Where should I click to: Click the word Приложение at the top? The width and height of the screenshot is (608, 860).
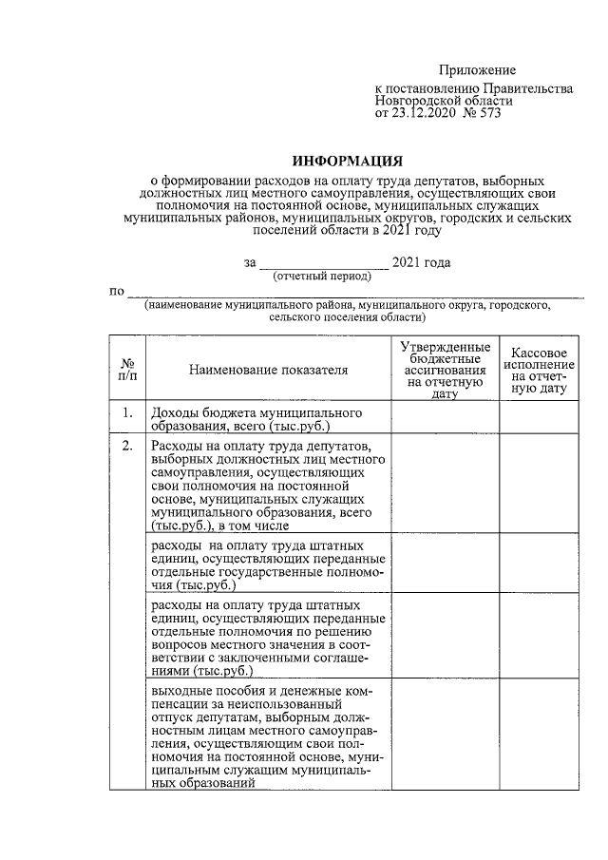(477, 70)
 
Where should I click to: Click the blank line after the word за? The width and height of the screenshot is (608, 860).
(323, 262)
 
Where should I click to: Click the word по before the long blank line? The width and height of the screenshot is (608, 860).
(117, 290)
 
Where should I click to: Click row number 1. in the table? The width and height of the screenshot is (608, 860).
(127, 413)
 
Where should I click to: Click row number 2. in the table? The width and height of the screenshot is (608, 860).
(127, 447)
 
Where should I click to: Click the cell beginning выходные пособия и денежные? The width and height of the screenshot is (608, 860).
(268, 735)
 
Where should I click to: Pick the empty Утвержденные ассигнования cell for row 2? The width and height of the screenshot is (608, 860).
(445, 485)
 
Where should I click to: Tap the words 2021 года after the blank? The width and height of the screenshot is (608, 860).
(422, 262)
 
